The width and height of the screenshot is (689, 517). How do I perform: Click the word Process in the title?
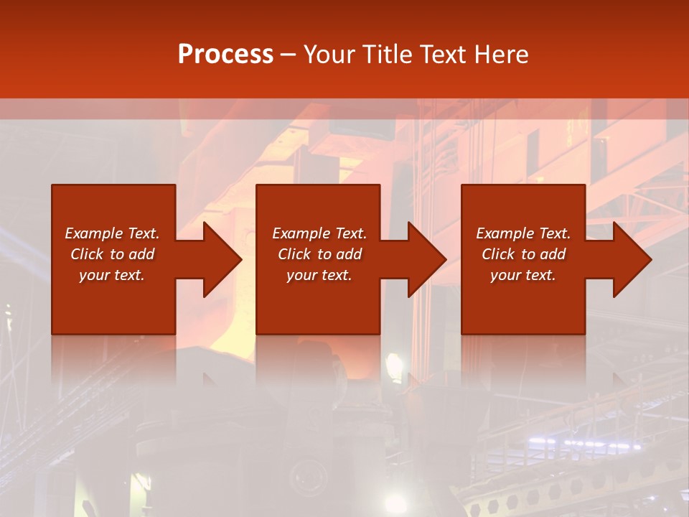[x=225, y=55]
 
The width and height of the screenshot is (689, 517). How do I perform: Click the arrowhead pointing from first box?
[x=219, y=259]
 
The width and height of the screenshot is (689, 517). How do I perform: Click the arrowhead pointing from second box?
[x=424, y=259]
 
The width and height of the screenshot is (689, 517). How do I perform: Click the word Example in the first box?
[x=94, y=233]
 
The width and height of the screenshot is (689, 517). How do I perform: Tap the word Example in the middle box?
[x=301, y=233]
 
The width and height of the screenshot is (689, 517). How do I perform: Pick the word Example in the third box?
[x=505, y=233]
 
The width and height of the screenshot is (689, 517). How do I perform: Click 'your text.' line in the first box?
[x=112, y=275]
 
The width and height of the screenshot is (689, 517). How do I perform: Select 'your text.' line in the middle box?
[x=319, y=275]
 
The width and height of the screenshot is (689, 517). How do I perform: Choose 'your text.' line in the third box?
[x=523, y=275]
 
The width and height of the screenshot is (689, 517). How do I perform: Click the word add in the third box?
[x=553, y=254]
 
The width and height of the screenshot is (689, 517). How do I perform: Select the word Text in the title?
[x=441, y=55]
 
